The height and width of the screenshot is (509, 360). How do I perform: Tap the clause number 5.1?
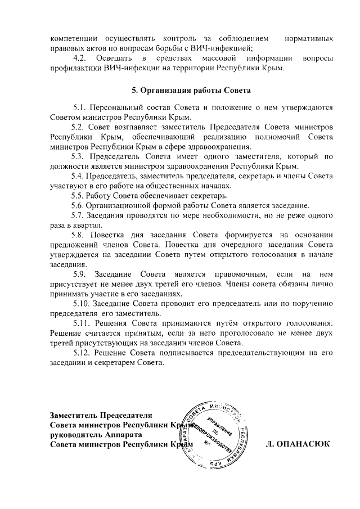point(80,107)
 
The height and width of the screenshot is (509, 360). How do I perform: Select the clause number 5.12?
point(83,352)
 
